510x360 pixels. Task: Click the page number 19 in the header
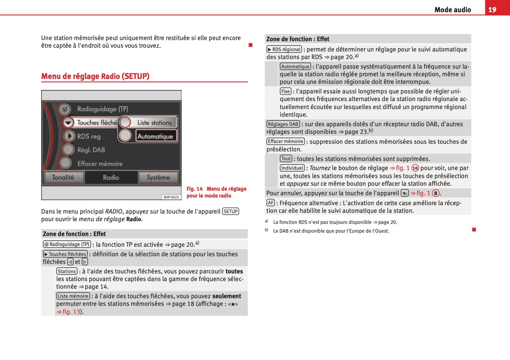(492, 10)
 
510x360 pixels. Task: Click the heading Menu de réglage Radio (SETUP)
(95, 76)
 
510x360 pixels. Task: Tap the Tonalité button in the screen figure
(63, 177)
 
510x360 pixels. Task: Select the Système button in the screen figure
(158, 177)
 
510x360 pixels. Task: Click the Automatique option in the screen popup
(155, 136)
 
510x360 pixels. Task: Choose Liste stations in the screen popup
(154, 122)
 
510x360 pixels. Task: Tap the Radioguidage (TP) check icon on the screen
(65, 109)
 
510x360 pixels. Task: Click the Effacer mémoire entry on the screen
(100, 164)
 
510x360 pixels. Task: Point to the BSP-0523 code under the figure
(171, 197)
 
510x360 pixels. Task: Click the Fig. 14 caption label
(194, 189)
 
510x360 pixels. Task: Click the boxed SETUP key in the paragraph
(231, 211)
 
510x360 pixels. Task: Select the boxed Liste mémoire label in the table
(73, 296)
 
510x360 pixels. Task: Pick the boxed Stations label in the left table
(67, 271)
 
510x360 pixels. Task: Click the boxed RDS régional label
(284, 49)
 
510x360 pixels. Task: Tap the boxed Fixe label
(285, 91)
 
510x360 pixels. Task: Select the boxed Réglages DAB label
(283, 124)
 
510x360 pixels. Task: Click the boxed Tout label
(286, 159)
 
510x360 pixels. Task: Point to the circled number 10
(415, 168)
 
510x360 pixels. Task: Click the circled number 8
(436, 193)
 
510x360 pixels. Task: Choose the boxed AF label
(271, 203)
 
